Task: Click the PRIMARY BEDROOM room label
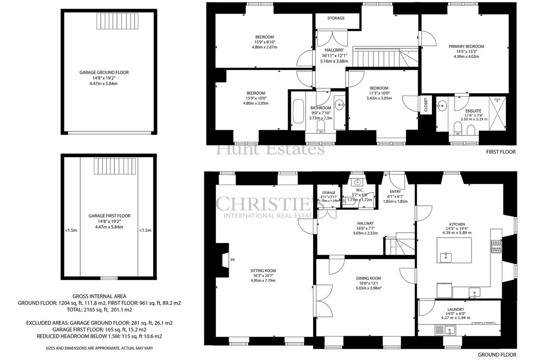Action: [466, 46]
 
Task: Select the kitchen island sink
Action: [445, 257]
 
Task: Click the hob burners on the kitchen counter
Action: [496, 246]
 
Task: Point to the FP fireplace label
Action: [233, 260]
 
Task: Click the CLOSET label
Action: [426, 105]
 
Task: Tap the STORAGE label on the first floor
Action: [336, 18]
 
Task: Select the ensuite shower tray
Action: [497, 113]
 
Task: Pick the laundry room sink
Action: [450, 330]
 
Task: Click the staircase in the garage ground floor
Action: [117, 21]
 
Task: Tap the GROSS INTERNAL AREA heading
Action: [99, 296]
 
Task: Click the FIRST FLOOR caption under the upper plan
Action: [501, 152]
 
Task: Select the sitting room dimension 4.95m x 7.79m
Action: [263, 280]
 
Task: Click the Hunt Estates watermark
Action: [270, 149]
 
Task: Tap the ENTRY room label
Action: [396, 191]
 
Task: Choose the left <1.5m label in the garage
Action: [71, 230]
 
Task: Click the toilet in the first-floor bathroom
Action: [321, 126]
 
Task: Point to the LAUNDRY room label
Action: [455, 309]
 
